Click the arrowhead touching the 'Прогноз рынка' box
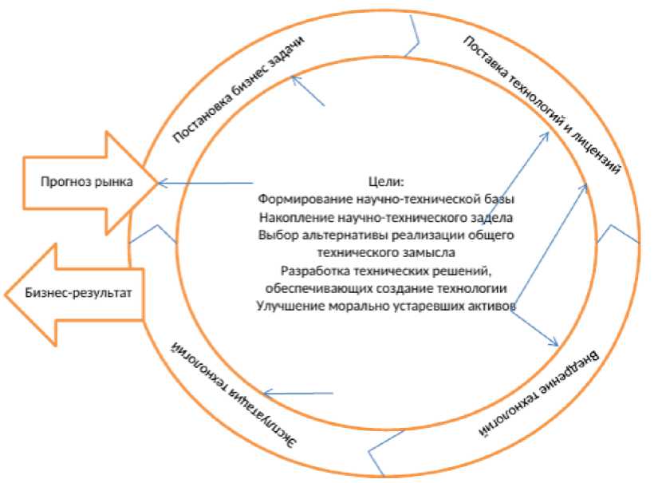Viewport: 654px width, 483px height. pyautogui.click(x=161, y=183)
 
